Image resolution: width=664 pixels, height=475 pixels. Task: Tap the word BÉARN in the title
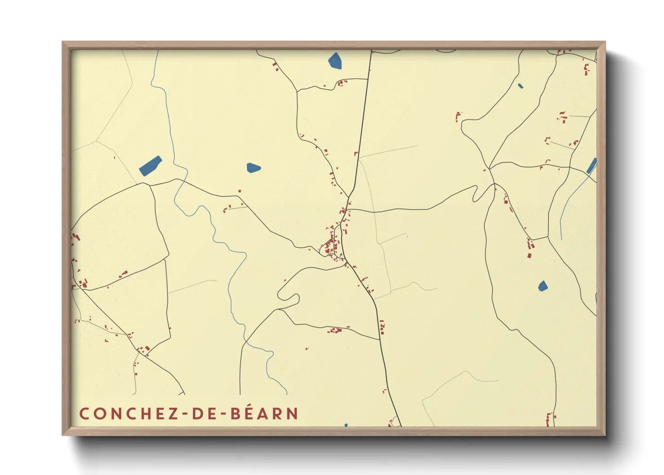[x=264, y=413]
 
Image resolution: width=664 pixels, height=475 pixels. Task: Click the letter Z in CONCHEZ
[x=173, y=413]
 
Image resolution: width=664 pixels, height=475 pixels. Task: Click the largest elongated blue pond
[x=150, y=166]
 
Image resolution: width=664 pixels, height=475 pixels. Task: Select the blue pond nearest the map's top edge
[x=335, y=61]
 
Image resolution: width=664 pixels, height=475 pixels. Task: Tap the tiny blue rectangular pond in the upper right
[x=520, y=86]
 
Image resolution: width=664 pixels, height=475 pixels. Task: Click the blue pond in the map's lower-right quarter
[x=543, y=286]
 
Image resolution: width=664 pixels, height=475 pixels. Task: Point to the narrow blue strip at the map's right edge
[x=592, y=166]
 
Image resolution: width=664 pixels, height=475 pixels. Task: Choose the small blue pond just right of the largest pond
[x=253, y=168]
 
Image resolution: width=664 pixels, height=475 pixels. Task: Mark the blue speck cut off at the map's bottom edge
[x=346, y=425]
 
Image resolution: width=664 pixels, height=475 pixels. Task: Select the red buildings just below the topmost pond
[x=342, y=83]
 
